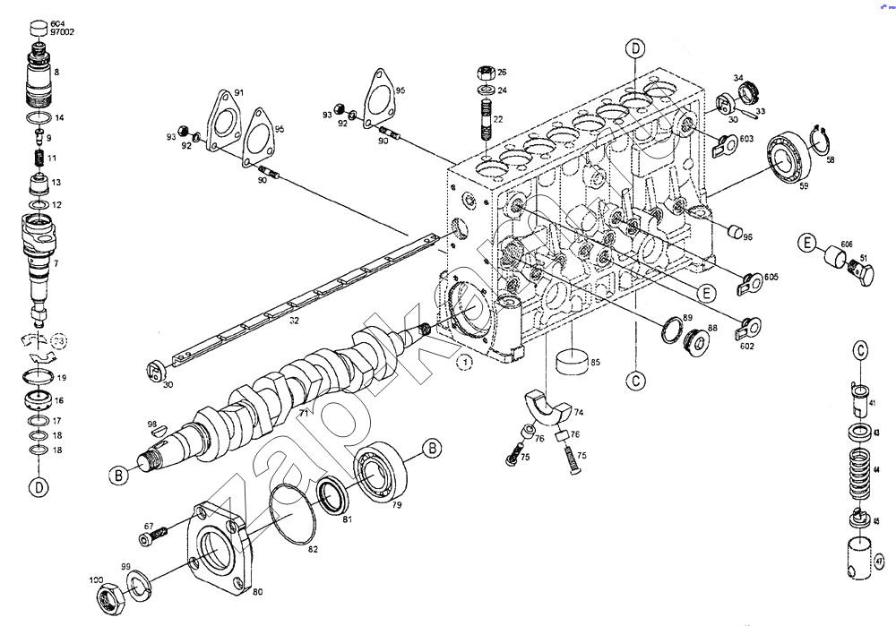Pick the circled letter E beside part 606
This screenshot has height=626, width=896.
(807, 243)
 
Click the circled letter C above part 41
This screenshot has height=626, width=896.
(859, 350)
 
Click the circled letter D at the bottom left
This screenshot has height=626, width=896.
(38, 486)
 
